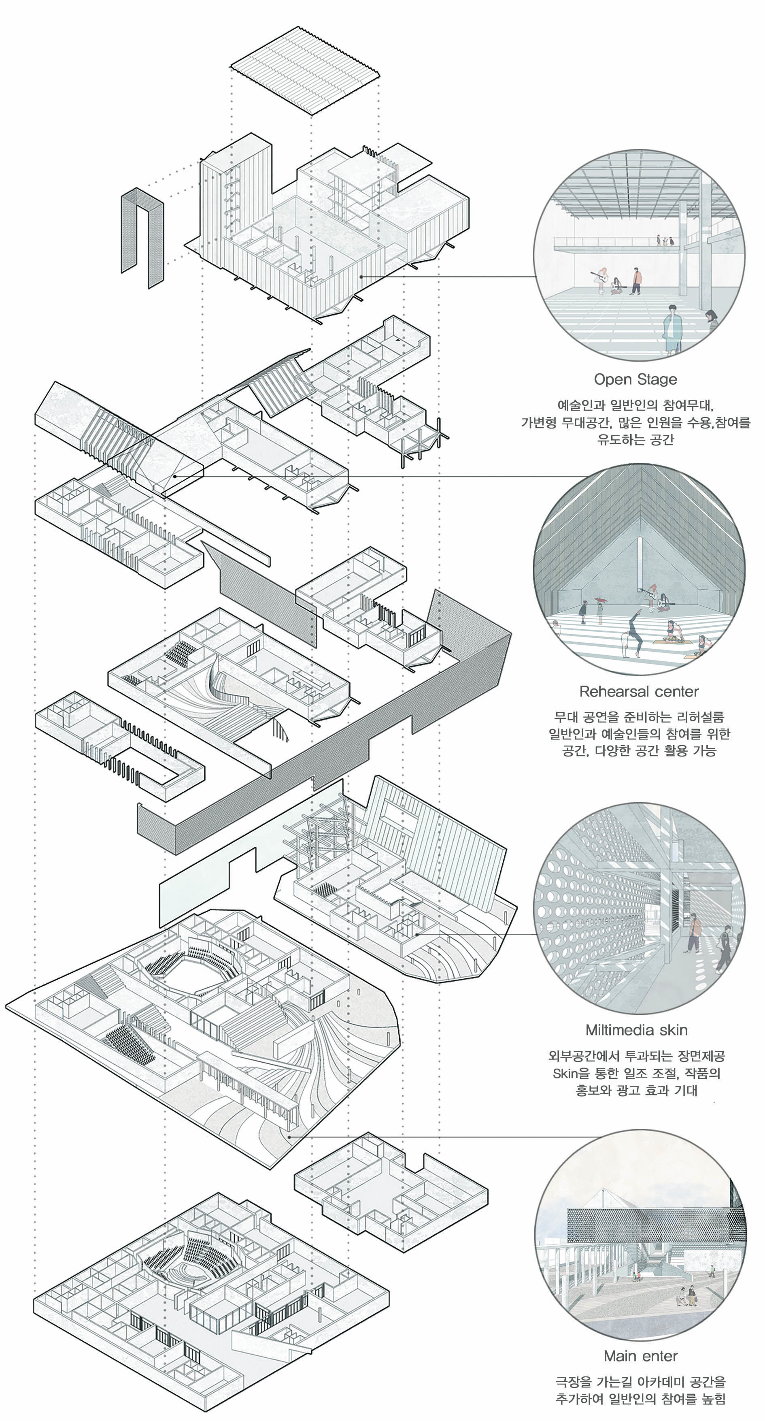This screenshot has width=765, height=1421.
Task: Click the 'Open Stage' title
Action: click(x=635, y=379)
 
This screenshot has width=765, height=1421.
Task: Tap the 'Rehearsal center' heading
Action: click(x=639, y=692)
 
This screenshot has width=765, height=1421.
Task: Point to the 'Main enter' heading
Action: click(x=640, y=1356)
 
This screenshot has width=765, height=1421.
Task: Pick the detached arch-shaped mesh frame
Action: click(x=142, y=237)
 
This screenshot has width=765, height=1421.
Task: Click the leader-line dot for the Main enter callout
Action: click(x=289, y=1137)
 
